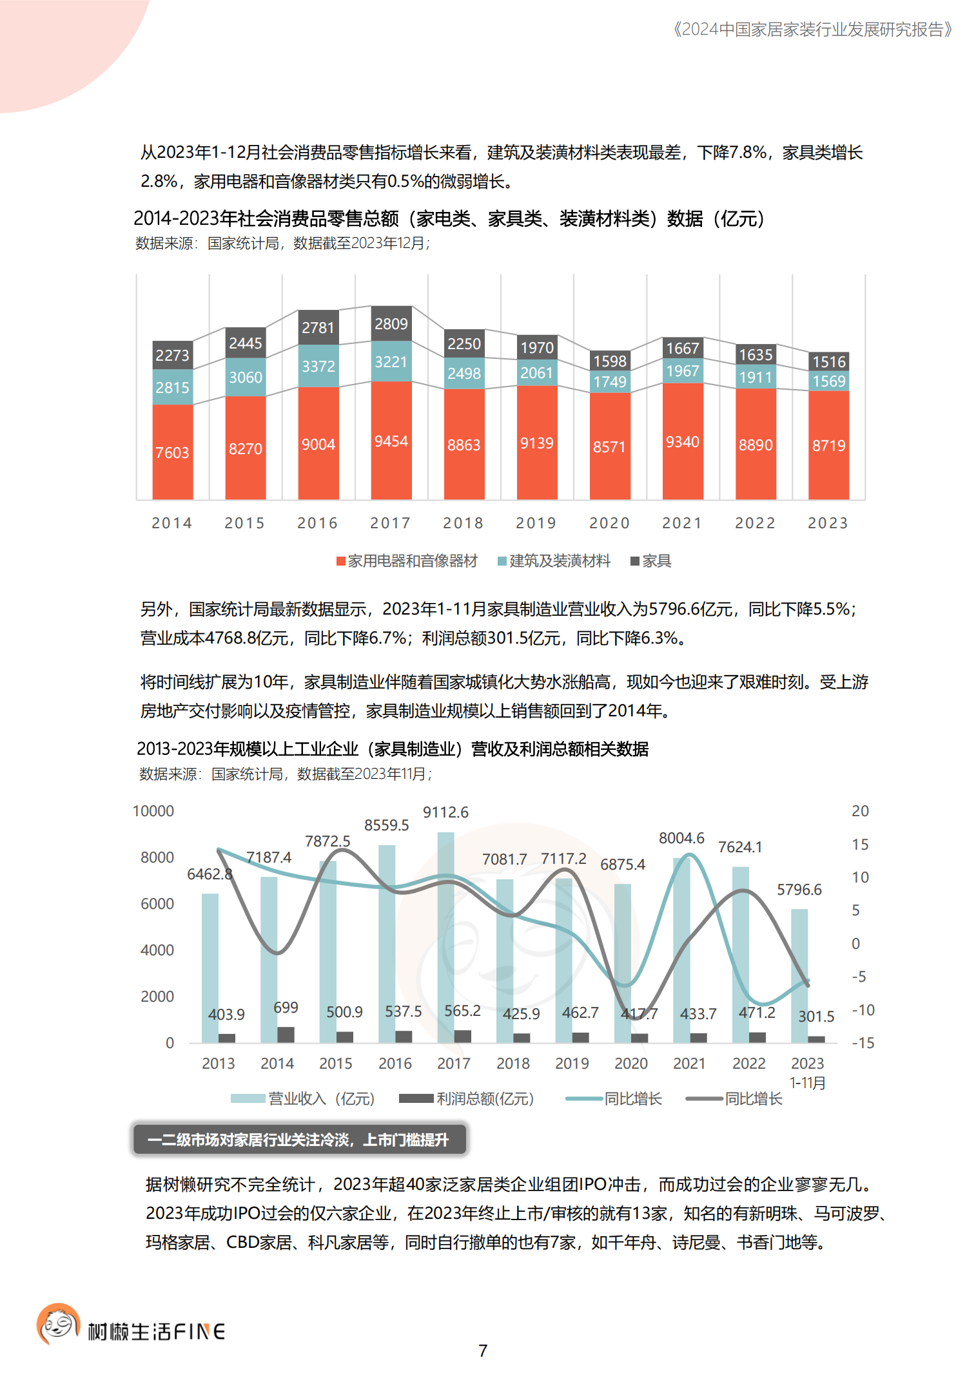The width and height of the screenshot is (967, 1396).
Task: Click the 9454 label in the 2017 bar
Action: point(391,441)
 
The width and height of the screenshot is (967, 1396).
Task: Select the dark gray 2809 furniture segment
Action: point(391,323)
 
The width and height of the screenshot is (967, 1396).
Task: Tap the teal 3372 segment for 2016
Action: point(318,366)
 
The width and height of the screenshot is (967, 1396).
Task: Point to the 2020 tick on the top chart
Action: point(609,523)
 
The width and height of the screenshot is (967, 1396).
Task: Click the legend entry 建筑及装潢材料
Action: point(554,561)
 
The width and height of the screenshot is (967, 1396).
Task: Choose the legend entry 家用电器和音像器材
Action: point(407,561)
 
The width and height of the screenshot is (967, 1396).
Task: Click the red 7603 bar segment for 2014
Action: point(172,452)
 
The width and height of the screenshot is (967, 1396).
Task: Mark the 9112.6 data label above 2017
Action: point(445,812)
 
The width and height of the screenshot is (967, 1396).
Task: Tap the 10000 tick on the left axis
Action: point(153,811)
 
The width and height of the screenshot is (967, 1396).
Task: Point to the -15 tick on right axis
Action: point(863,1043)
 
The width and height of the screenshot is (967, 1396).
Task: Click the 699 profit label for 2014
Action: point(286,1008)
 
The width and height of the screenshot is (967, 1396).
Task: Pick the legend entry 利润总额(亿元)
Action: point(467,1099)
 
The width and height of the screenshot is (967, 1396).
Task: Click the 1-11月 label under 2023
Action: point(808,1083)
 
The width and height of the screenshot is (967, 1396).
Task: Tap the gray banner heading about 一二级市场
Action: point(298,1140)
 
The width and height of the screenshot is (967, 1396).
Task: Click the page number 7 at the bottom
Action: point(483,1350)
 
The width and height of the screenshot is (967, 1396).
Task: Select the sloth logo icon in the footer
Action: point(58,1324)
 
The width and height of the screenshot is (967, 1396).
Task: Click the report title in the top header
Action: point(812,30)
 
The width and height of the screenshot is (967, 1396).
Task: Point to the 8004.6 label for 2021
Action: point(681,838)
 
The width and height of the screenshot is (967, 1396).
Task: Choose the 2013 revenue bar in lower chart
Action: point(210,966)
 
